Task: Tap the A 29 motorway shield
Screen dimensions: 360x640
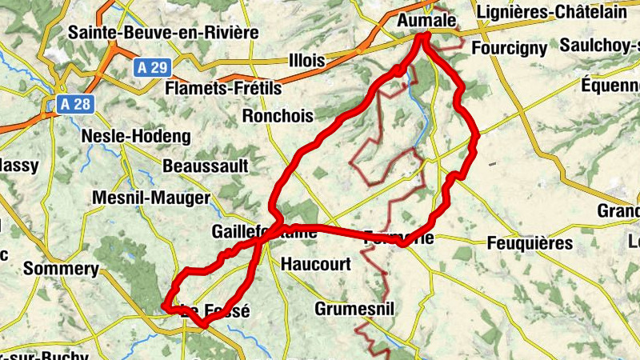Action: pos(150,67)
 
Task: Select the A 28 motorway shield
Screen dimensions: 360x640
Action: pos(76,103)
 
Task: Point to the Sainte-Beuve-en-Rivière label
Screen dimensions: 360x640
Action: pos(164,33)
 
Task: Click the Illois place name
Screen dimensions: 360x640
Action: pos(306,61)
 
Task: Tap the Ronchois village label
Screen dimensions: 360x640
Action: pos(277,116)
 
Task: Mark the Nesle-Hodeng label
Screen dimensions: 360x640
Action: pos(136,137)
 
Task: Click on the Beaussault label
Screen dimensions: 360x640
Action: pos(206,166)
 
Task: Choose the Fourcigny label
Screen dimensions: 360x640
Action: pos(510,48)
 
